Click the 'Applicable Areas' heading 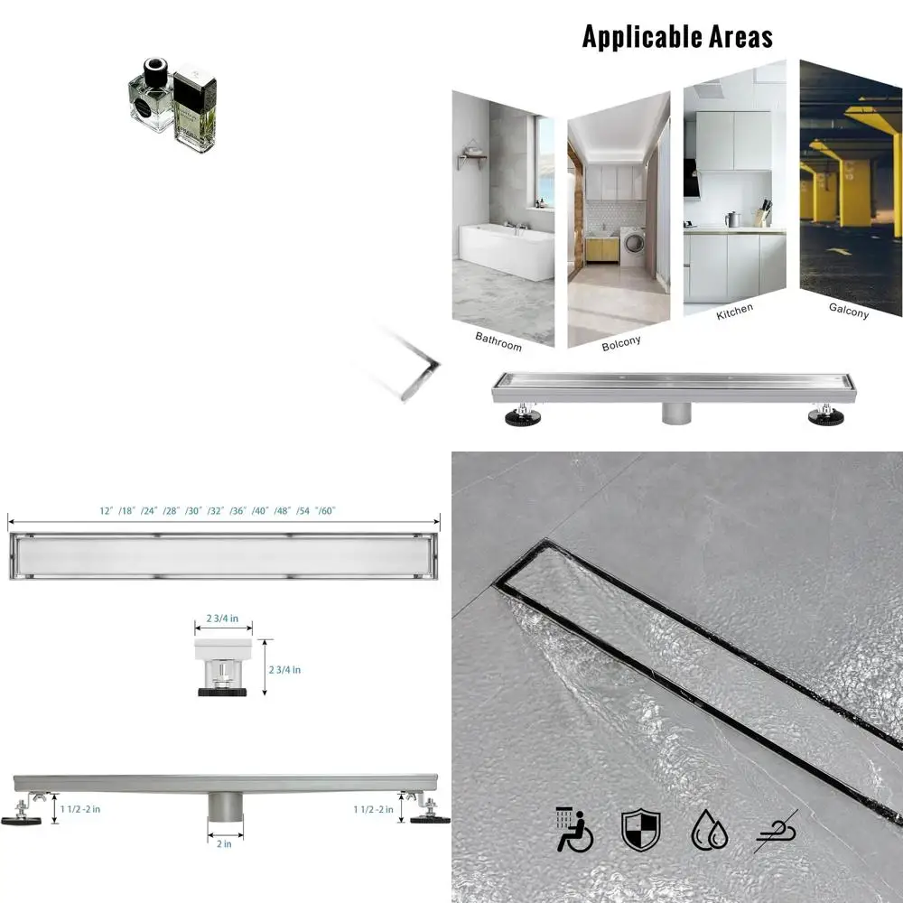pos(677,37)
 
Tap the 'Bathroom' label pos(498,340)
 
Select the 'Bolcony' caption pos(620,341)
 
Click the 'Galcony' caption pos(849,311)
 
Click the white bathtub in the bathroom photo pos(507,252)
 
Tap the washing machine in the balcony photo pos(633,245)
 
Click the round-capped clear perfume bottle pos(152,98)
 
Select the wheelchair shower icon pos(574,830)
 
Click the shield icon pos(640,830)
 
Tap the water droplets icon pos(709,830)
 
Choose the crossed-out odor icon pos(776,830)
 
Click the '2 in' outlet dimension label pos(224,844)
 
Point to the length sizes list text pos(218,511)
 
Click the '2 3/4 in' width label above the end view pos(222,619)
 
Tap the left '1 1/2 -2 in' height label pos(79,809)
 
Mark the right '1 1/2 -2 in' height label pos(372,809)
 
